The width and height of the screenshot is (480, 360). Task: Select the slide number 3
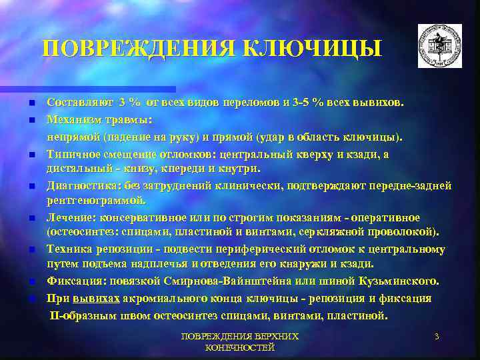pos(437,337)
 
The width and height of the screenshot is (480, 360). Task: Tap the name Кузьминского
pos(391,282)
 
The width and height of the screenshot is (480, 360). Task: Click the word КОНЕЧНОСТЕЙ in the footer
pos(241,348)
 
